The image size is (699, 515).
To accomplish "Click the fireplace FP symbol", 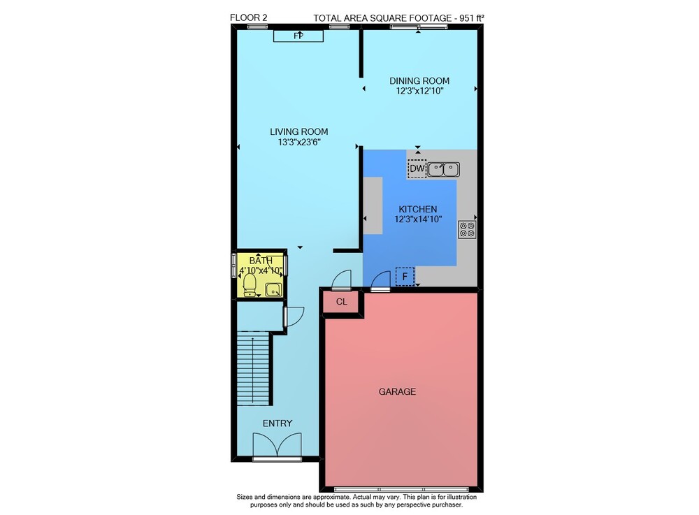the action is tap(298, 36).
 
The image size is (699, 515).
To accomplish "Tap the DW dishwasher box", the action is tap(417, 169).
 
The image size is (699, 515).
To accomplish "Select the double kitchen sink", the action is tap(444, 169).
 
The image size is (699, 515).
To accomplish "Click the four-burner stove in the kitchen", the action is tap(467, 230).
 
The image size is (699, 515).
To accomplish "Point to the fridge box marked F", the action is tap(405, 277).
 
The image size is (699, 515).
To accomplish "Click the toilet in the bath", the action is tap(250, 284).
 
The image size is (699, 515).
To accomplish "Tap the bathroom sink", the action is tap(273, 289).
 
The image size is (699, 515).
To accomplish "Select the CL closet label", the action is tap(342, 302).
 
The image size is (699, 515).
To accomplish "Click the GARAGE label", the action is tap(397, 391).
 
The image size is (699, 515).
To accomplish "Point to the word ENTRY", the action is tap(278, 423).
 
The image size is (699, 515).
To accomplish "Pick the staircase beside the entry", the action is tap(253, 368).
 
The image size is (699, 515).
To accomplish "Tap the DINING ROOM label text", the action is tap(419, 80).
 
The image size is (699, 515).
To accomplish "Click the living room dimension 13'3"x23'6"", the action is tap(300, 142).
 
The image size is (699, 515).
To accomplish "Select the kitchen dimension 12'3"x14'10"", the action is tap(418, 219).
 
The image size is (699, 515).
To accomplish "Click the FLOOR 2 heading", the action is tap(248, 18).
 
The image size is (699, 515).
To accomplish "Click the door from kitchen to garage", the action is tap(381, 282).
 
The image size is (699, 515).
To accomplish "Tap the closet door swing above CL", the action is tap(342, 280).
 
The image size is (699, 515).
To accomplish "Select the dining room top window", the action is tap(419, 27).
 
